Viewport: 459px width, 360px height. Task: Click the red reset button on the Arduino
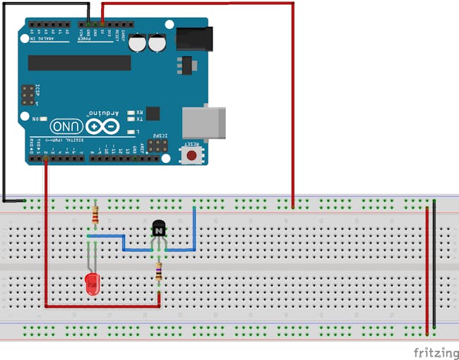(x=191, y=155)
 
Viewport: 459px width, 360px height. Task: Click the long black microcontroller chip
(x=79, y=63)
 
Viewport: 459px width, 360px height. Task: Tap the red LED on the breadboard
(x=92, y=284)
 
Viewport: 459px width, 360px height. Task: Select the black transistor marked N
(x=159, y=229)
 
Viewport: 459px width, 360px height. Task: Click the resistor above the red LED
(x=95, y=213)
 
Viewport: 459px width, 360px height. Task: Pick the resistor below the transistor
(x=159, y=271)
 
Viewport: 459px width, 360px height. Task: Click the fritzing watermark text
(x=434, y=351)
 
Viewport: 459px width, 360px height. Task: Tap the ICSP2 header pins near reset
(x=157, y=145)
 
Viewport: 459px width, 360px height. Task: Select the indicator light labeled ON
(x=44, y=119)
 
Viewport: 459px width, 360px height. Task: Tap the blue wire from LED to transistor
(x=124, y=242)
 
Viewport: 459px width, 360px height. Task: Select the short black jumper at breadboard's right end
(x=434, y=268)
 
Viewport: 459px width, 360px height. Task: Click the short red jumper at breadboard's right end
(x=427, y=268)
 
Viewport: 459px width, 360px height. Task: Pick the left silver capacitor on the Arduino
(x=141, y=42)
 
